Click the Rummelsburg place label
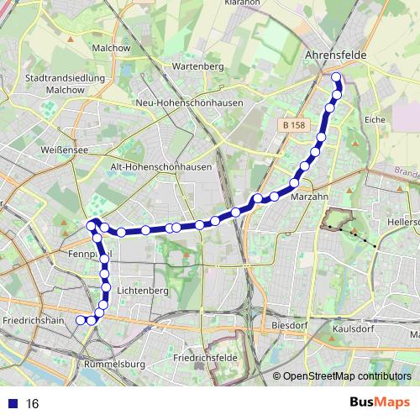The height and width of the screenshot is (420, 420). click(x=115, y=365)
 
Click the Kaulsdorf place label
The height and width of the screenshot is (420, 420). click(x=376, y=329)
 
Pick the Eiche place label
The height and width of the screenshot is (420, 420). click(x=374, y=120)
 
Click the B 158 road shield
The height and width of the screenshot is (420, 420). click(x=291, y=125)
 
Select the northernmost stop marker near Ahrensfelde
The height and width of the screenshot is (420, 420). click(x=336, y=78)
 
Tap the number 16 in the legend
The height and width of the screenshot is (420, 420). click(x=33, y=404)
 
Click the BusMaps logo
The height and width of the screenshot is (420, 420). click(x=379, y=402)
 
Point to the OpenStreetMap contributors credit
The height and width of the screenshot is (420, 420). click(x=346, y=376)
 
